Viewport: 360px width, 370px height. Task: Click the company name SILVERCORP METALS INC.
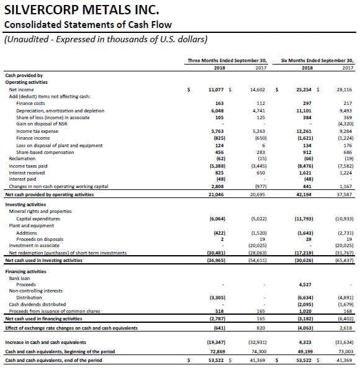point(82,10)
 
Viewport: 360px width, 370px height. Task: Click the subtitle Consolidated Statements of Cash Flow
point(88,25)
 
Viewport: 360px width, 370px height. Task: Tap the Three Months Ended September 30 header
point(227,60)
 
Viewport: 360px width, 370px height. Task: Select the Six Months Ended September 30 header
point(317,60)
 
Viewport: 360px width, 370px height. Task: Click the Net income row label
point(21,89)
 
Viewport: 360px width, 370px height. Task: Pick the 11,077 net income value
point(216,89)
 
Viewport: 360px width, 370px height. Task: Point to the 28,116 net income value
point(344,89)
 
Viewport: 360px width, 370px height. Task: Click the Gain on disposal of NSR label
point(42,124)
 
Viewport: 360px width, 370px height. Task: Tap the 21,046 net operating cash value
point(216,195)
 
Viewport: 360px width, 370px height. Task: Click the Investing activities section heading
point(25,205)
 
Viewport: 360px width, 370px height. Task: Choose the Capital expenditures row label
point(38,219)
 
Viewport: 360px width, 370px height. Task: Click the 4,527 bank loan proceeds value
point(305,284)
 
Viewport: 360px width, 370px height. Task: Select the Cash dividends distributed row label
point(37,304)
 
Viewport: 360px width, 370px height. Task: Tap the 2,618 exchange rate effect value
point(346,328)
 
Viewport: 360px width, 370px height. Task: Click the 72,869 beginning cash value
point(217,351)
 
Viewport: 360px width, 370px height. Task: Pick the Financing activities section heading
point(25,271)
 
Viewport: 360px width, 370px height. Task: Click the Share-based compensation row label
point(45,153)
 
